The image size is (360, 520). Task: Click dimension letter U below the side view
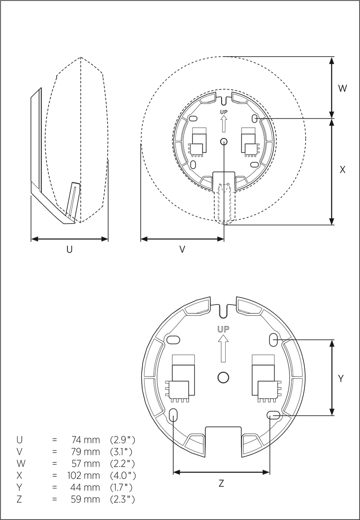(x=69, y=250)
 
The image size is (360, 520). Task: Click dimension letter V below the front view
(x=183, y=250)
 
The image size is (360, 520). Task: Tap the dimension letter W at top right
(x=342, y=88)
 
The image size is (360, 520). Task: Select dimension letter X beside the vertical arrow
(x=342, y=170)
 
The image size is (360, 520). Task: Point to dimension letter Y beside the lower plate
(x=340, y=379)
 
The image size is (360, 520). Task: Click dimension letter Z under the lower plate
(x=221, y=484)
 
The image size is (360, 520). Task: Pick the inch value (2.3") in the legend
(x=122, y=500)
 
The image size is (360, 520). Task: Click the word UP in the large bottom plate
(x=223, y=329)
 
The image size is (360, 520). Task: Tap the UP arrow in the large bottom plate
(x=223, y=348)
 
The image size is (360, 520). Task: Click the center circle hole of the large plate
(x=223, y=377)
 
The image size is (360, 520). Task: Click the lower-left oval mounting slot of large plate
(x=173, y=415)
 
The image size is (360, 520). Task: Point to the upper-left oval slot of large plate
(x=174, y=340)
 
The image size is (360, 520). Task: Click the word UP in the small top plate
(x=224, y=112)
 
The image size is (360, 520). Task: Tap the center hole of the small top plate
(x=224, y=142)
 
